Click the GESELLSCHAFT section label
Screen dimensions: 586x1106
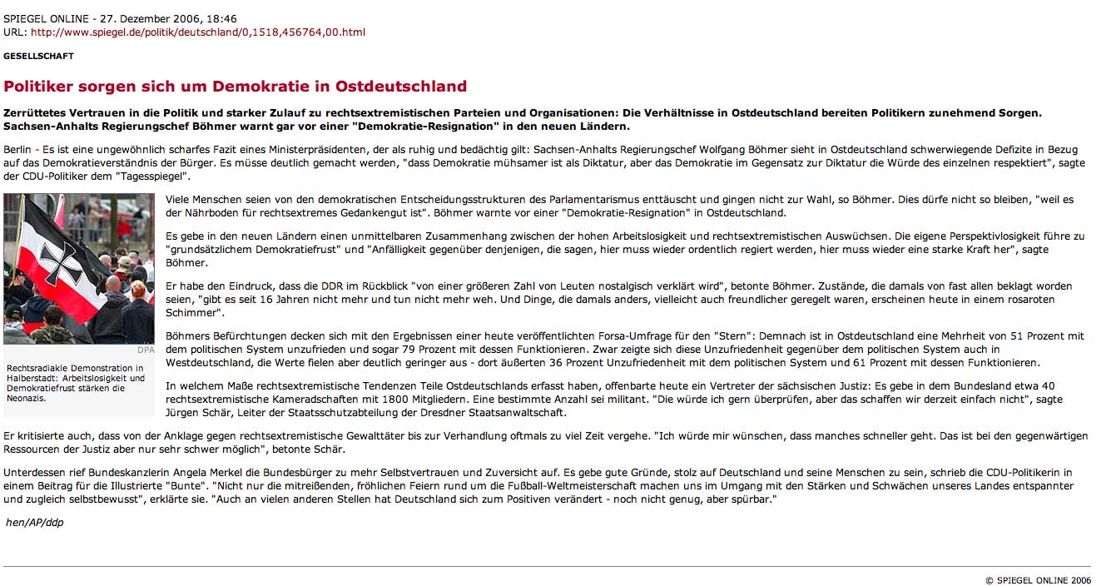point(38,57)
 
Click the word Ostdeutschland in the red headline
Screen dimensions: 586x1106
point(401,87)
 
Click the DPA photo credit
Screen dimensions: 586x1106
point(146,350)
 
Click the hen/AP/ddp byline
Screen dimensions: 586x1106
point(34,523)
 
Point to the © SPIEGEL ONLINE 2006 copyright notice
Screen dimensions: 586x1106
point(1038,580)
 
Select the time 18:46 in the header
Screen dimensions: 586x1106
point(221,19)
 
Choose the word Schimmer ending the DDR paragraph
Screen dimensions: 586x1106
point(192,313)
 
